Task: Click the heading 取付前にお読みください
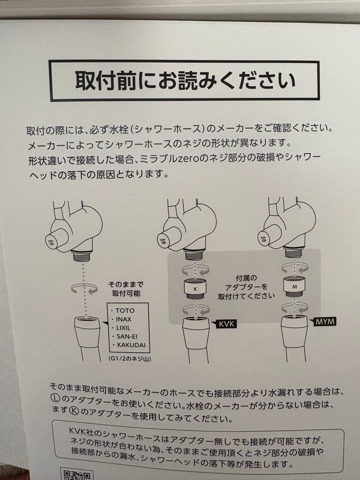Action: point(185,81)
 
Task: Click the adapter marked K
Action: point(195,289)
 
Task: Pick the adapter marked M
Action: point(294,286)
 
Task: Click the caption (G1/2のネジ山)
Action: point(129,359)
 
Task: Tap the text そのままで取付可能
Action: point(126,289)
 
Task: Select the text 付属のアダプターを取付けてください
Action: point(246,287)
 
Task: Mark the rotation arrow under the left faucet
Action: point(84,289)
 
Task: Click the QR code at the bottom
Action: point(76,474)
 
